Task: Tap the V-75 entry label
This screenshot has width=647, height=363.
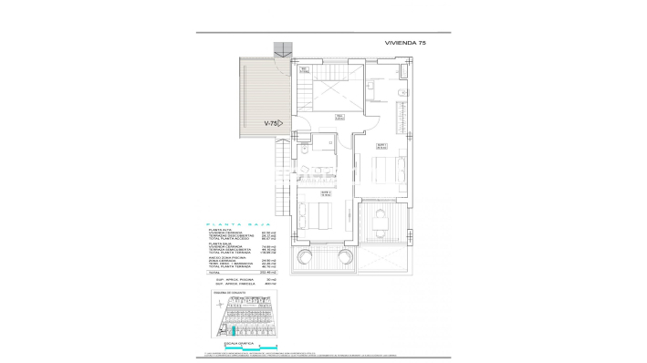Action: pos(271,123)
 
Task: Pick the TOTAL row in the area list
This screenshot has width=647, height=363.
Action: pos(237,272)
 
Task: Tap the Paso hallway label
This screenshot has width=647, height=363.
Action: pos(339,117)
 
